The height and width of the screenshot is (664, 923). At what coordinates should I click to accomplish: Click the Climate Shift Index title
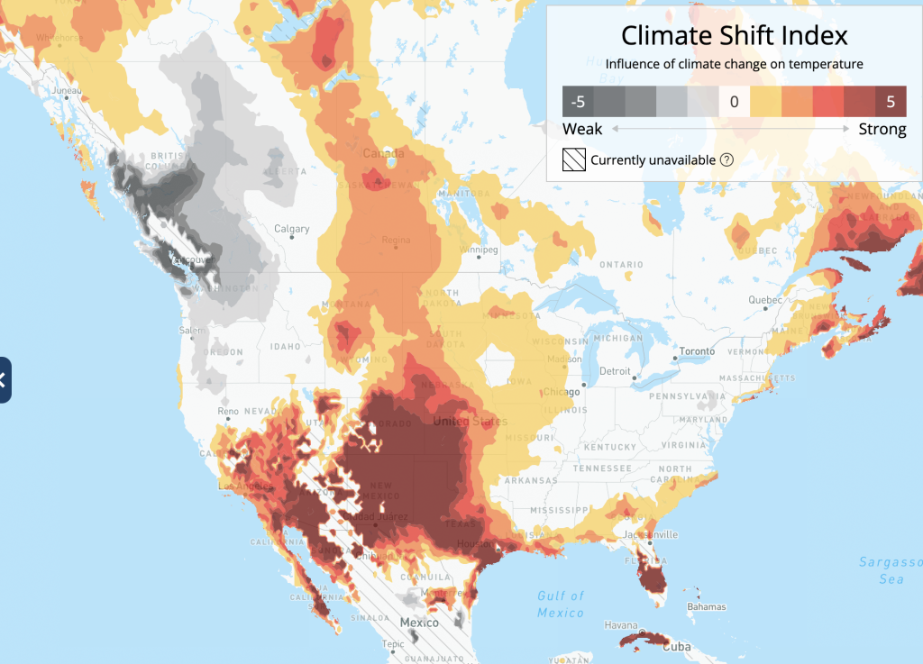point(734,36)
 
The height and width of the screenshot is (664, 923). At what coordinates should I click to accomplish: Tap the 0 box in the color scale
point(734,102)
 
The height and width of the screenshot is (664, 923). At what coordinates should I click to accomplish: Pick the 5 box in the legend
point(891,102)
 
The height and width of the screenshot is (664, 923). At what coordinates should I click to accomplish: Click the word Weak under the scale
point(582,129)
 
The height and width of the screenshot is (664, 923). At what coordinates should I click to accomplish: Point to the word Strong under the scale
point(882,129)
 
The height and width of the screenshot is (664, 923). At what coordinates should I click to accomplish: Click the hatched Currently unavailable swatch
point(573,160)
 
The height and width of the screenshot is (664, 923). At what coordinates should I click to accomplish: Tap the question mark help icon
point(726,160)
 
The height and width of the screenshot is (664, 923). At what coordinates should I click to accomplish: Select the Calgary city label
point(293,229)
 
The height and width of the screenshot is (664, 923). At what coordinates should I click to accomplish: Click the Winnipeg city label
point(479,249)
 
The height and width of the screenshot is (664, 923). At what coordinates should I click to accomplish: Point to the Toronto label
point(697,350)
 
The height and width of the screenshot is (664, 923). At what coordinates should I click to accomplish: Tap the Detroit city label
point(616,371)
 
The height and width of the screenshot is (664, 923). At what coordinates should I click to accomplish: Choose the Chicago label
point(562,392)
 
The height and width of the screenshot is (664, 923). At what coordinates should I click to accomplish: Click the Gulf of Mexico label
point(561,604)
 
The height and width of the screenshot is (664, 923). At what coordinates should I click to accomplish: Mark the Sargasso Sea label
point(891,570)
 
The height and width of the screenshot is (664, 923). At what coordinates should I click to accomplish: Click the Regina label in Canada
point(396,240)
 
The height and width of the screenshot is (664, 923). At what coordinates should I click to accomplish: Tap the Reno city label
point(227,412)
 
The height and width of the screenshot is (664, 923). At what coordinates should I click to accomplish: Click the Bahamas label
point(707,606)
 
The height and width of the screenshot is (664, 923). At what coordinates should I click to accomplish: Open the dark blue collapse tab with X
point(4,379)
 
